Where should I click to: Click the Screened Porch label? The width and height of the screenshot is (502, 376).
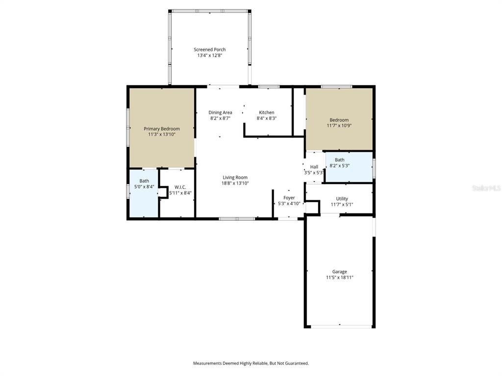click(x=209, y=49)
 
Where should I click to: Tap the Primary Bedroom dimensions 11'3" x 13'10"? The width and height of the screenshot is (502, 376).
click(x=161, y=134)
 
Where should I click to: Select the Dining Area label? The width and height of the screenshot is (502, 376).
click(x=220, y=113)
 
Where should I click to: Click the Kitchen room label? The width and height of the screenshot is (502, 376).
click(x=267, y=113)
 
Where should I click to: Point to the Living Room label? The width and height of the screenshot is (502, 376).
click(x=235, y=178)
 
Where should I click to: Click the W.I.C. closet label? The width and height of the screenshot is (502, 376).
click(x=180, y=187)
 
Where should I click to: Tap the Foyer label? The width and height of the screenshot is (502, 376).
click(x=289, y=198)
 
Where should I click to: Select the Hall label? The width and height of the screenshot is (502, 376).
click(x=314, y=167)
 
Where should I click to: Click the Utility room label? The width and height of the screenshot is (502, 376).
click(x=342, y=199)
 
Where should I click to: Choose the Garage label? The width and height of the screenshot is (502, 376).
click(x=339, y=272)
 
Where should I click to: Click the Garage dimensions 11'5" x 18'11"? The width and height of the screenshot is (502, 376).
click(x=339, y=278)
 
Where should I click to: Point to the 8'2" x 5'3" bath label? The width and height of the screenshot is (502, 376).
click(x=339, y=166)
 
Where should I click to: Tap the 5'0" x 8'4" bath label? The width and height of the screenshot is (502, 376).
click(x=144, y=187)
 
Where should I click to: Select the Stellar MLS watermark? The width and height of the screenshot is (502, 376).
click(x=486, y=188)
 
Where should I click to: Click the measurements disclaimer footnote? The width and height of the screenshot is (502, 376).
click(x=251, y=363)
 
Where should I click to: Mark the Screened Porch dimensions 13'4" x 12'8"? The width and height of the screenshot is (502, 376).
click(x=209, y=55)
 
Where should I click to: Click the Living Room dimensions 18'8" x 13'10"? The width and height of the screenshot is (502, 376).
click(x=235, y=183)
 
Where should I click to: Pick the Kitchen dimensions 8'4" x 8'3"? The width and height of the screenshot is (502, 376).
click(x=267, y=118)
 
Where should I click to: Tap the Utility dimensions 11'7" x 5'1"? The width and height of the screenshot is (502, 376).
click(x=342, y=205)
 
